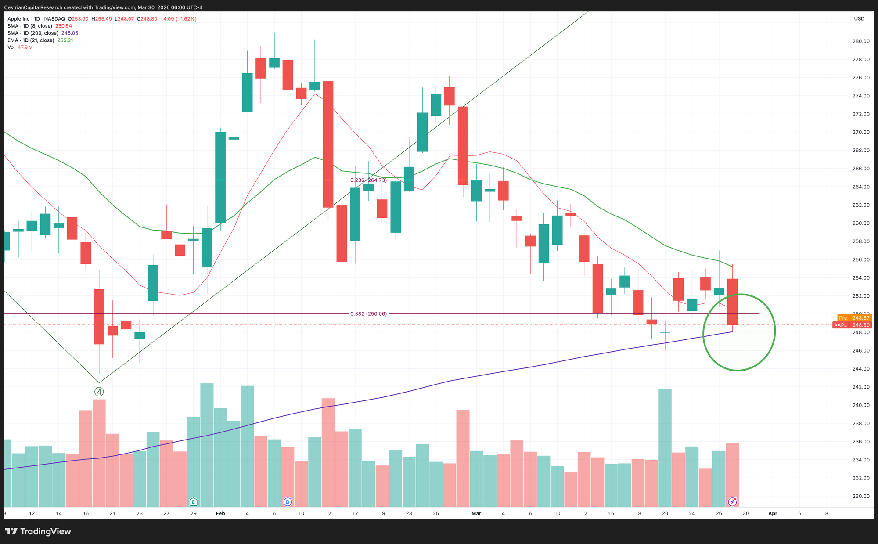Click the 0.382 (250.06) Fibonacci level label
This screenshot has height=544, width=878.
(x=368, y=314)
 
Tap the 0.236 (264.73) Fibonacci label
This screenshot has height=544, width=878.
(x=368, y=180)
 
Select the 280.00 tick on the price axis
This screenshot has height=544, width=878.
(x=860, y=41)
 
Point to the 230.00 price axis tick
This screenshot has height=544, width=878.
(x=860, y=496)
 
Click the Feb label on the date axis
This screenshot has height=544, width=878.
(x=220, y=513)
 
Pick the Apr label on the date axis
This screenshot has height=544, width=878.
(x=773, y=513)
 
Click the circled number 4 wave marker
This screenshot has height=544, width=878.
(x=99, y=392)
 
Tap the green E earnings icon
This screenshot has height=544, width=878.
(x=193, y=501)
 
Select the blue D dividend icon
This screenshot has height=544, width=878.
(x=288, y=501)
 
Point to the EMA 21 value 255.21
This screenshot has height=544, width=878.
(x=65, y=40)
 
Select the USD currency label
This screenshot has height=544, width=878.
(x=859, y=18)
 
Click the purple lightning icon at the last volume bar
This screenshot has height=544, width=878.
(x=732, y=501)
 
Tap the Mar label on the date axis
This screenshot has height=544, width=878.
(x=476, y=513)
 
